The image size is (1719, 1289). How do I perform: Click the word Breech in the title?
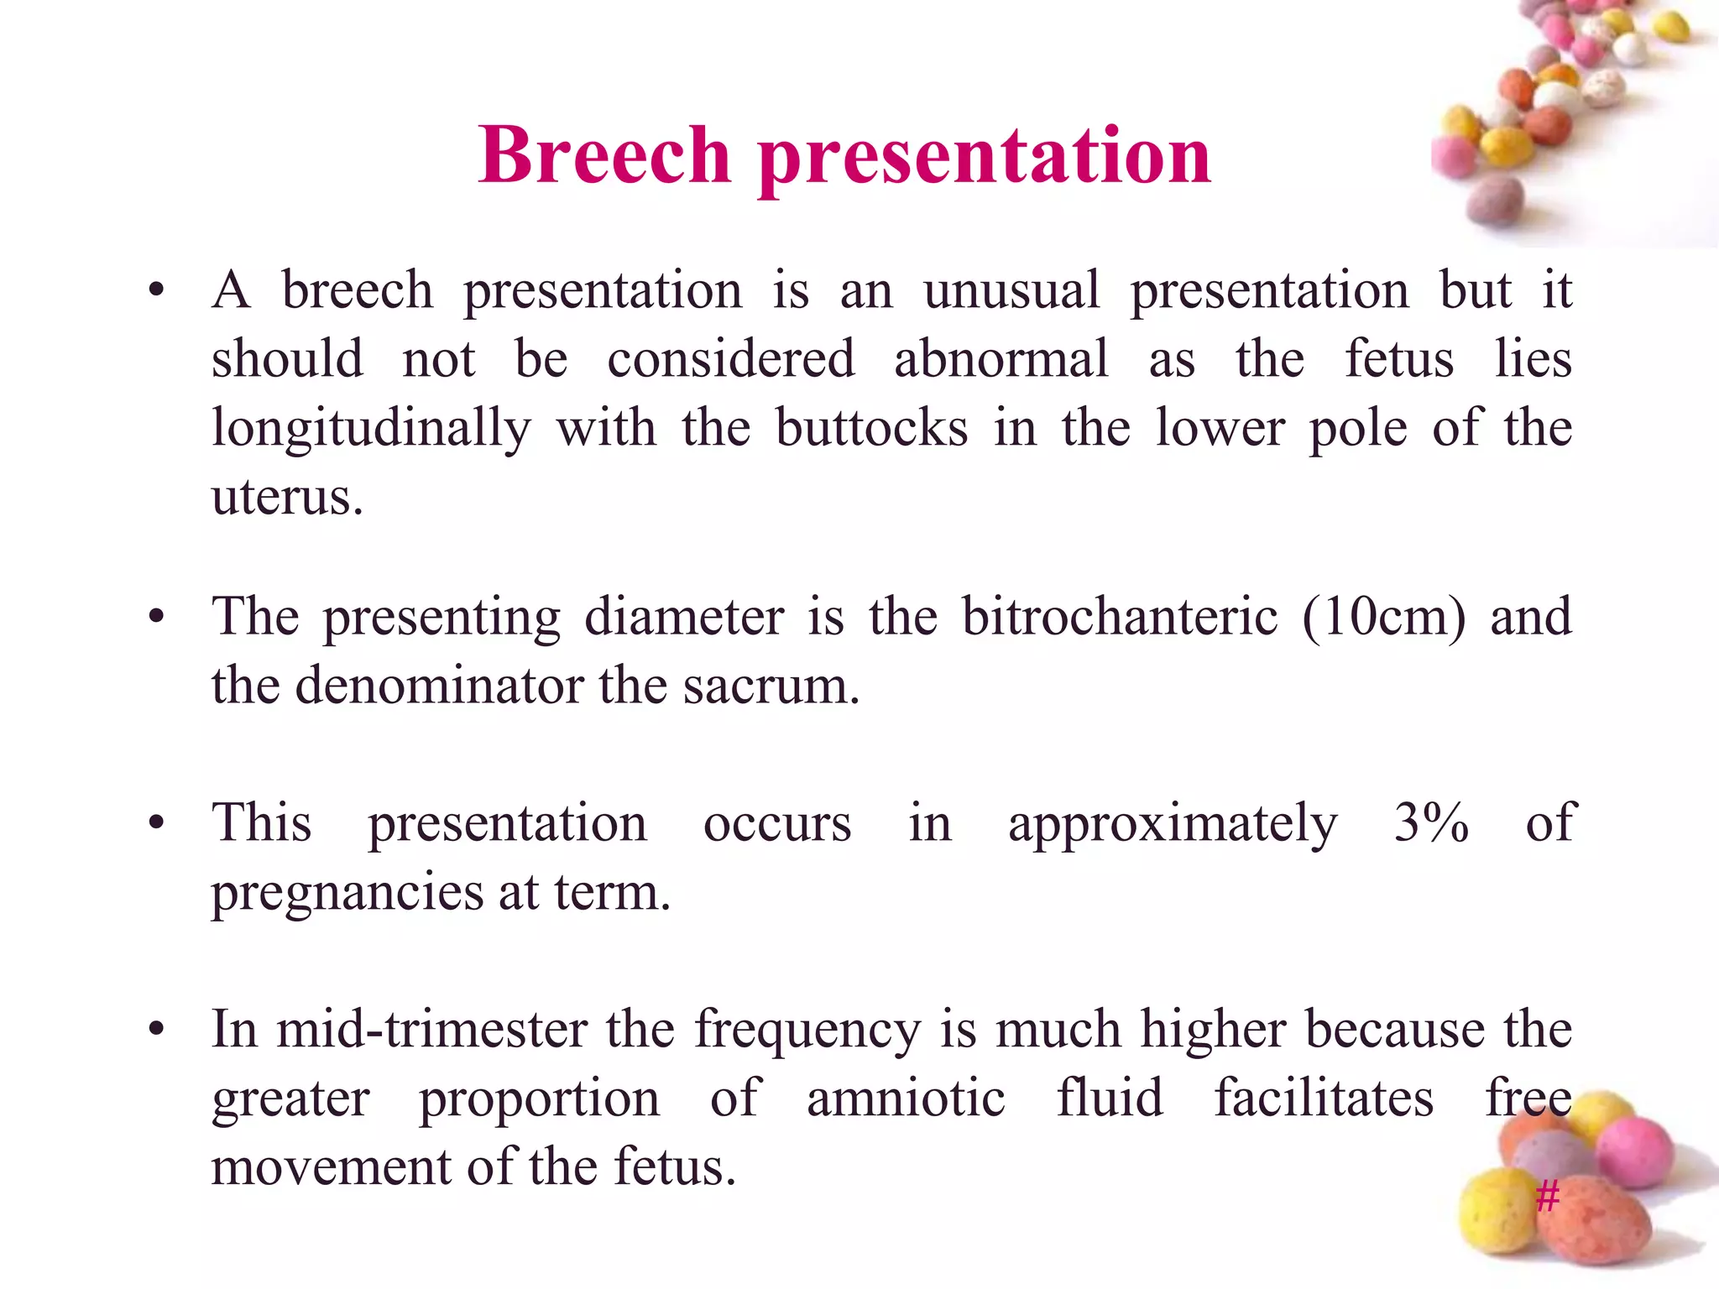[604, 155]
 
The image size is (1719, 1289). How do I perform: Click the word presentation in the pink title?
[984, 157]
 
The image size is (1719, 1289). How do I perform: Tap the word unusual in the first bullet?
[1011, 290]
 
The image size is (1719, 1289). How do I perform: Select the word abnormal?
[1001, 359]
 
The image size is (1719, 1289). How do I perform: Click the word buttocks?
[870, 428]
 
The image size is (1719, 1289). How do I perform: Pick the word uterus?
[286, 497]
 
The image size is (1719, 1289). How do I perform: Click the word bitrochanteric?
[1119, 617]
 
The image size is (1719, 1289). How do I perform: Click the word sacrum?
[771, 686]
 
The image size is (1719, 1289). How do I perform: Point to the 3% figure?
[1431, 822]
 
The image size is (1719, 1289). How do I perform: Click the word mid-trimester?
[432, 1029]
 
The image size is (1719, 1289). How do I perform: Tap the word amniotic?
[905, 1098]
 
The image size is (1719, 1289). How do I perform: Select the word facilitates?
[1324, 1098]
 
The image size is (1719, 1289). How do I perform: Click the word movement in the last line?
[331, 1166]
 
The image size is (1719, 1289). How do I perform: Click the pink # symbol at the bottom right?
[1547, 1195]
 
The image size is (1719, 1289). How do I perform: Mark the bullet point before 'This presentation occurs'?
[156, 823]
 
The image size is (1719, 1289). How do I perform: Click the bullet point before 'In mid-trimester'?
[156, 1030]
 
